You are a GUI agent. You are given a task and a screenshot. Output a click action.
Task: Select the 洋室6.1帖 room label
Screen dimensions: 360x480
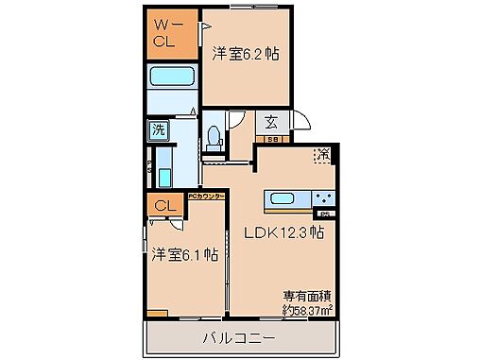point(185,253)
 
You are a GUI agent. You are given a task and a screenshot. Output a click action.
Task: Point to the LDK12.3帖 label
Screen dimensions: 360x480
point(285,232)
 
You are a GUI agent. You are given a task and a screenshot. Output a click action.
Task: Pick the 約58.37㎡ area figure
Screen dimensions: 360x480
point(304,309)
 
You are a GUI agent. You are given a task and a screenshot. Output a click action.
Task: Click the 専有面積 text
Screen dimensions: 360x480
point(304,295)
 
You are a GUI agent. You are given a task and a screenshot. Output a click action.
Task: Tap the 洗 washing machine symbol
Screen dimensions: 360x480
point(157,131)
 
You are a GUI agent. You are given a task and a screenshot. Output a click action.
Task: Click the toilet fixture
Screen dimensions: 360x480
point(214,137)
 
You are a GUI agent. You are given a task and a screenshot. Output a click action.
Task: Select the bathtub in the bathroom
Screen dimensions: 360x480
point(171,78)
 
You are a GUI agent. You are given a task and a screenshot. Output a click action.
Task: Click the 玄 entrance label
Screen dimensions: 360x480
point(270,121)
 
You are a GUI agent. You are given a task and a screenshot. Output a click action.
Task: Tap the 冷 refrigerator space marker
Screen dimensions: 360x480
point(322,155)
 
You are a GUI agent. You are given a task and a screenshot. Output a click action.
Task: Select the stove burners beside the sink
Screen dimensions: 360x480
point(323,198)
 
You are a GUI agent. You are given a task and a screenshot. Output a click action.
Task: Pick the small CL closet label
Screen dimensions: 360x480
point(163,205)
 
